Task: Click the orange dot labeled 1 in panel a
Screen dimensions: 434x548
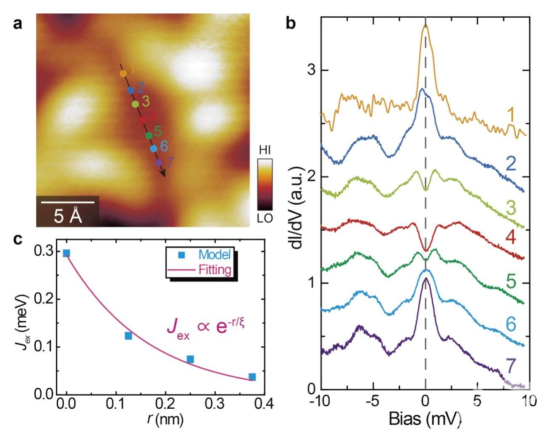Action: (123, 73)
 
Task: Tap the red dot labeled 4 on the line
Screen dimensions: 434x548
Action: (143, 120)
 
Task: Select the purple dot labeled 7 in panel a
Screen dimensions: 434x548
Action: (159, 163)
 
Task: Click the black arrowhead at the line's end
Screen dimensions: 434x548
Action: (163, 173)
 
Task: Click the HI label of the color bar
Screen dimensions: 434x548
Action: (265, 150)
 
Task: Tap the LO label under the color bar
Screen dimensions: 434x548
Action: (265, 218)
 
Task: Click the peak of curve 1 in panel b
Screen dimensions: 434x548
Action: (426, 26)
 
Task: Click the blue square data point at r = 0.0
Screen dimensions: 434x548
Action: (67, 253)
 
